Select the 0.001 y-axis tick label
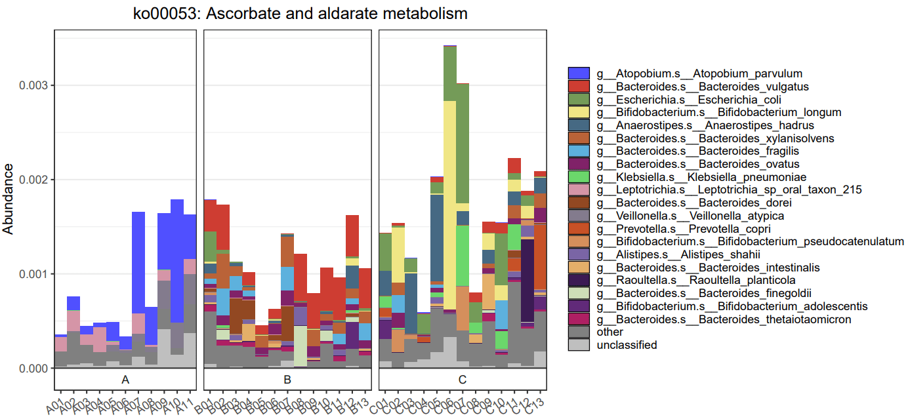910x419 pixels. [x=32, y=274]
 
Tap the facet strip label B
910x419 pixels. [x=287, y=379]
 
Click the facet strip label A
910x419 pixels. [x=125, y=379]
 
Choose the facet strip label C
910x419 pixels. [x=463, y=379]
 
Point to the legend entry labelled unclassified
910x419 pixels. [x=627, y=345]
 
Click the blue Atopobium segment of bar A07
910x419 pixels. [x=138, y=262]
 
